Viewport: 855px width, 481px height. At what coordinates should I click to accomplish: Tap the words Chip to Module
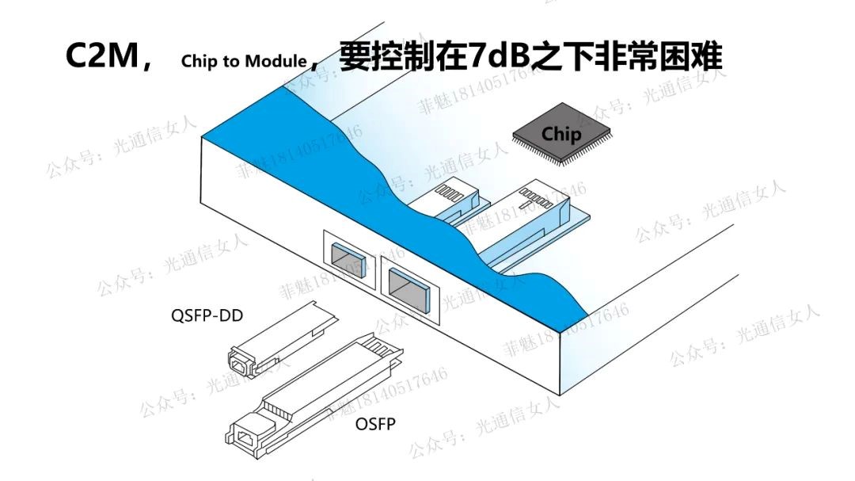243,61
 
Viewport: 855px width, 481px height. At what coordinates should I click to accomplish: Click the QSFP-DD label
207,316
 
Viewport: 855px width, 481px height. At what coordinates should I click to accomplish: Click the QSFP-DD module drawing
277,341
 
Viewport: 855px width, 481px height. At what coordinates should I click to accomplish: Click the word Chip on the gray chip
561,133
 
